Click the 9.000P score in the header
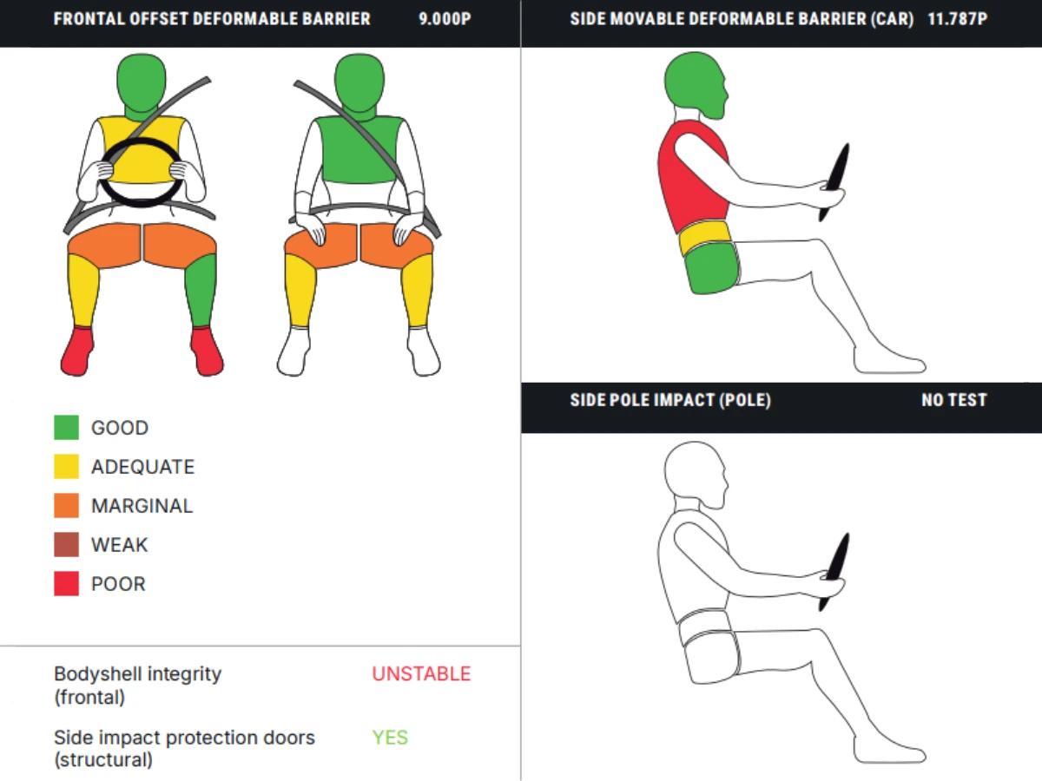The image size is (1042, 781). [445, 19]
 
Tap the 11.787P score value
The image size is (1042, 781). [958, 19]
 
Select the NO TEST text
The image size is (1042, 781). [954, 400]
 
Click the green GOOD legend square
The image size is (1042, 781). [67, 427]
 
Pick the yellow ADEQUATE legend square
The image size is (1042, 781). [67, 466]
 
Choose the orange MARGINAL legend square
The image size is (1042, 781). [67, 505]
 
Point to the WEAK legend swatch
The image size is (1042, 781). [67, 544]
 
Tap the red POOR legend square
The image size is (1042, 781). [67, 583]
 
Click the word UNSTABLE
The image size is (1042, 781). [421, 674]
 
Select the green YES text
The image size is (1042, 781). [390, 738]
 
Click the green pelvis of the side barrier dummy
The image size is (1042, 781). [712, 268]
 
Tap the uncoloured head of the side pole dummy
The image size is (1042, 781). [695, 474]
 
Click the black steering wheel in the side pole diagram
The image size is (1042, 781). [835, 571]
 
